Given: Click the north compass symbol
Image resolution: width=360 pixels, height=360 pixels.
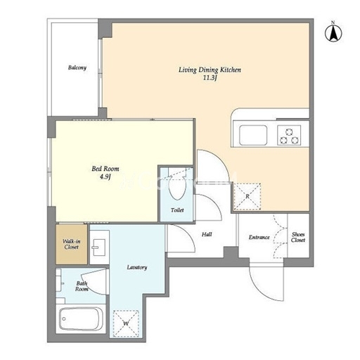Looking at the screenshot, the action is pos(333,32).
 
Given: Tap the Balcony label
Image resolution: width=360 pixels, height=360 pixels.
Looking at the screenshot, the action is pos(77,67).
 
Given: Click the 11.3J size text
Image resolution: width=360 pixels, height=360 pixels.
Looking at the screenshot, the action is pos(210,78).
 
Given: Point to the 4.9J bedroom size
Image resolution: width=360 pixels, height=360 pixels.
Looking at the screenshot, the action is pos(105,176).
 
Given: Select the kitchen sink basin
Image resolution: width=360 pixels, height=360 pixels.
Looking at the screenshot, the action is pos(253,135).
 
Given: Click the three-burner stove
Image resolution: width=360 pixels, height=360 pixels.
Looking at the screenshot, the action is pos(289,135).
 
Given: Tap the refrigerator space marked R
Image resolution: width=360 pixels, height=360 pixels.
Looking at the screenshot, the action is pos(247,196).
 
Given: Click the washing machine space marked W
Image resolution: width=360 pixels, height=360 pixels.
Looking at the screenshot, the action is pos(126,323).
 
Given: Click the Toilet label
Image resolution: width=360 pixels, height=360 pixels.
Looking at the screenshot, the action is pos(177,210).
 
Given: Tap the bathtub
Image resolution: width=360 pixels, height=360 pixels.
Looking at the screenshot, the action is pos(81,319).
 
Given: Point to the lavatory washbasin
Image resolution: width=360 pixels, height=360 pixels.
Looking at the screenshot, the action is pos(99,247).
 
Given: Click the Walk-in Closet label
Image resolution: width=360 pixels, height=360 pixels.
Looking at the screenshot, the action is pos(72,244).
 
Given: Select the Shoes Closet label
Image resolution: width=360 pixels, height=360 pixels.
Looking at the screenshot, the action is pos(298,237).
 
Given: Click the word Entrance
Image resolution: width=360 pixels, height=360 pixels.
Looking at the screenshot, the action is pos(259,238).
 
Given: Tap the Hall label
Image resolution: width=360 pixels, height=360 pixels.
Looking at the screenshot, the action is pos(207,234).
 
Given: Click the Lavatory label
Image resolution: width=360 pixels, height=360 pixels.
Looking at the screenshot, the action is pos(137,267).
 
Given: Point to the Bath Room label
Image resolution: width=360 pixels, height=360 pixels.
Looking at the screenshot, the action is pos(82,286).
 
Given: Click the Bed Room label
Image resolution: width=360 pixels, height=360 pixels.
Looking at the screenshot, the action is pos(105,169).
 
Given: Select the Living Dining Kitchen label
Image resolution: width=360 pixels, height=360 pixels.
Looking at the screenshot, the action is pos(210,70).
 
